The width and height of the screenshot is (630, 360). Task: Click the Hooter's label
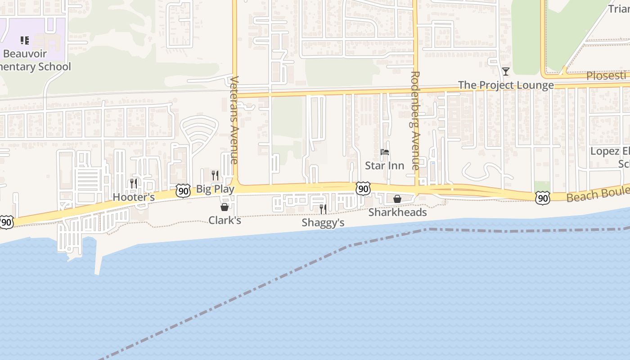pyautogui.click(x=134, y=197)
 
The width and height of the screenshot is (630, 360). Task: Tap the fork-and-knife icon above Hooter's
pyautogui.click(x=134, y=183)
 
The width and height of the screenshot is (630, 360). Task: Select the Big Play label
pyautogui.click(x=215, y=189)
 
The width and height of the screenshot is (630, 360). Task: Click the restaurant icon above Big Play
pyautogui.click(x=215, y=175)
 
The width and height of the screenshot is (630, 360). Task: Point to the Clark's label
pyautogui.click(x=225, y=220)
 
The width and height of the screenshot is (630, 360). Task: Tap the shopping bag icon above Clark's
pyautogui.click(x=225, y=207)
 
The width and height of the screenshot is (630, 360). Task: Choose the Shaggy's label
pyautogui.click(x=323, y=223)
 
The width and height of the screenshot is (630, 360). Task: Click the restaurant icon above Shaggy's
pyautogui.click(x=323, y=209)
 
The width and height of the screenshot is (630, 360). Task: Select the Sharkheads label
pyautogui.click(x=397, y=212)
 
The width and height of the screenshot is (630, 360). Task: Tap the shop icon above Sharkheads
pyautogui.click(x=397, y=199)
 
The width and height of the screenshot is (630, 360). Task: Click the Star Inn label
pyautogui.click(x=384, y=166)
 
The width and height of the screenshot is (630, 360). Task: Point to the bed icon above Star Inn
pyautogui.click(x=384, y=152)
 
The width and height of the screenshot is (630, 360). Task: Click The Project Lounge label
pyautogui.click(x=506, y=85)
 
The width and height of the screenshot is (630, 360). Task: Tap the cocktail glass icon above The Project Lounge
pyautogui.click(x=506, y=72)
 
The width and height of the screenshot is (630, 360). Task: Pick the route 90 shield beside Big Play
pyautogui.click(x=183, y=191)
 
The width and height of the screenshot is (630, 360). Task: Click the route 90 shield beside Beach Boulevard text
pyautogui.click(x=543, y=197)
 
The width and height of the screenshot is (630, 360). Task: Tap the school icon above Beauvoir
pyautogui.click(x=25, y=40)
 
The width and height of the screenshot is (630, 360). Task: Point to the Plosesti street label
pyautogui.click(x=606, y=76)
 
